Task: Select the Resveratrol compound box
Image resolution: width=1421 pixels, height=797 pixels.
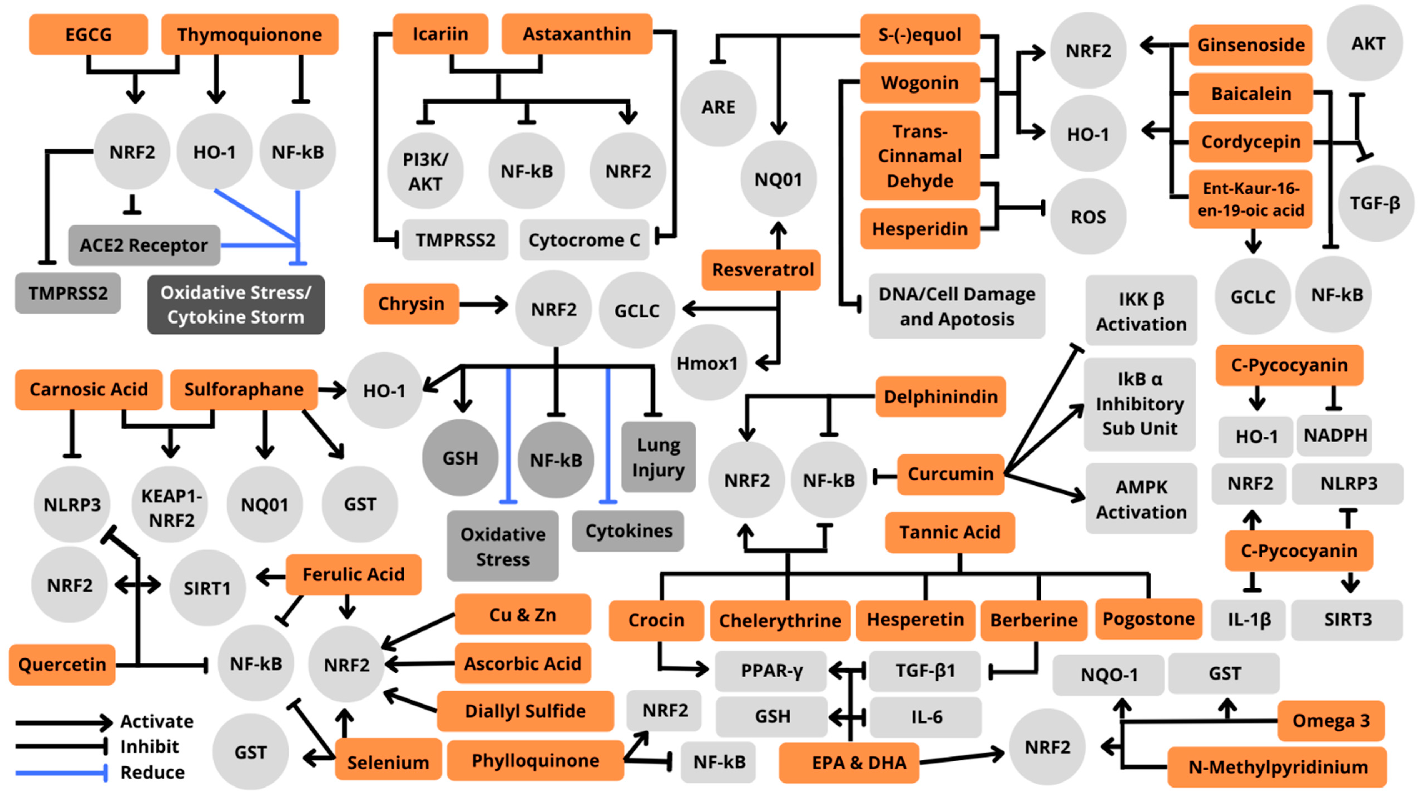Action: (762, 270)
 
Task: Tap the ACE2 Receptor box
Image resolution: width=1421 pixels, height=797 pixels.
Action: (144, 245)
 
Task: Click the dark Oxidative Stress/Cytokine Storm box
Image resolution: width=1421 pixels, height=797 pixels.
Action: (235, 304)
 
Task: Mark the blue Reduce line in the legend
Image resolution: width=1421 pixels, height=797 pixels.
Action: (61, 773)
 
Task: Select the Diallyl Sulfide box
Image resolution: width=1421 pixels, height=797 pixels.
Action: (525, 711)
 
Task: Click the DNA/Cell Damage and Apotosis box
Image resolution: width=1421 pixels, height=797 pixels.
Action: (956, 306)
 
